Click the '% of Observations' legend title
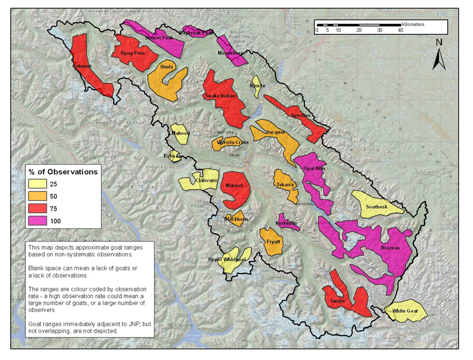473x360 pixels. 63,172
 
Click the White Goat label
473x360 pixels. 406,311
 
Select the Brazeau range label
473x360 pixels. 392,247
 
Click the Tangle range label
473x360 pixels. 337,301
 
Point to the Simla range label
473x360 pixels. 167,67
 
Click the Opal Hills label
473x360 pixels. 315,168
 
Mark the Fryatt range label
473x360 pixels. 273,242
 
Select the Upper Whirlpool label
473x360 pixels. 227,260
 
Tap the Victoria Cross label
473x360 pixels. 233,143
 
